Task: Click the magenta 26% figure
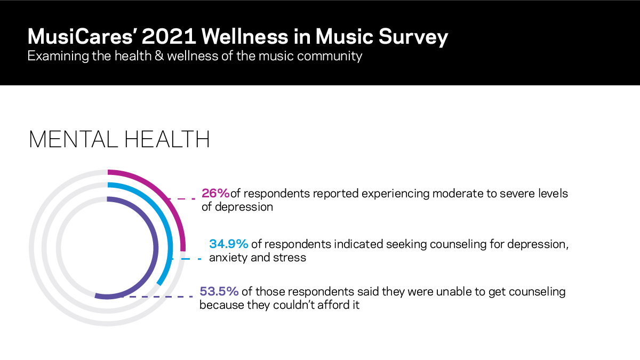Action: (215, 193)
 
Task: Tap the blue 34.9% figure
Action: (228, 244)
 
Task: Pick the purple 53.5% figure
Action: (219, 292)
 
